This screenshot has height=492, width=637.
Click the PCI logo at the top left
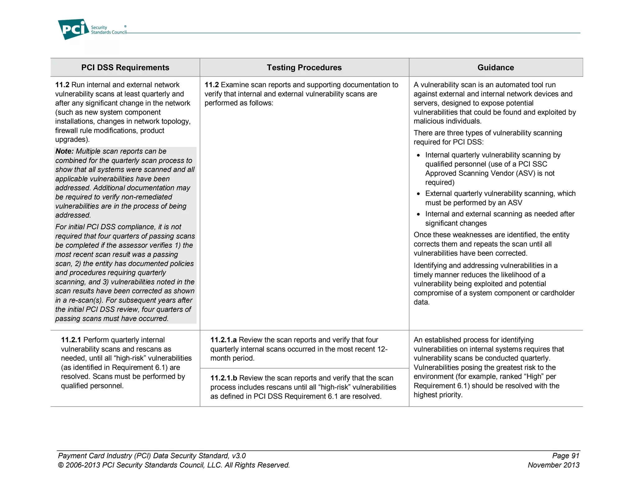[x=73, y=29]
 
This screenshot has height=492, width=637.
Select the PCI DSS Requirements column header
[x=125, y=67]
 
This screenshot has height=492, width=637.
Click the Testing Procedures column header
[x=304, y=67]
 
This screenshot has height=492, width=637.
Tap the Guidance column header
[x=495, y=67]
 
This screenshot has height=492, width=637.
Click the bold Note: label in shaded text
[x=64, y=151]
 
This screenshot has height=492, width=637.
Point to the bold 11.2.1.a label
[x=223, y=340]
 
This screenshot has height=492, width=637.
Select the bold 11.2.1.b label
[x=224, y=378]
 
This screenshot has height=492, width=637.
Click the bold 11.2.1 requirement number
[x=71, y=340]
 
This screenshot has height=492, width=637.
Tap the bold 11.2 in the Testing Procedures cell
[x=212, y=85]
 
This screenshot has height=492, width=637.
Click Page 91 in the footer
[x=565, y=456]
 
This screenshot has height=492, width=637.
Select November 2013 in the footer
[x=553, y=465]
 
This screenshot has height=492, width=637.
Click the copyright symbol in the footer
[x=61, y=466]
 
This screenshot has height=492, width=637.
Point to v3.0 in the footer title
[x=239, y=456]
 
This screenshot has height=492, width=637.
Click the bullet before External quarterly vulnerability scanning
[x=419, y=194]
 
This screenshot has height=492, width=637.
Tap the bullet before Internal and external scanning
[x=419, y=215]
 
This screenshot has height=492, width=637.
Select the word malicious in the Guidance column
[x=427, y=121]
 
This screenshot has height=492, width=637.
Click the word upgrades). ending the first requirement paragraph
[x=72, y=140]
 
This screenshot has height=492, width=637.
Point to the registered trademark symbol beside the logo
[x=125, y=26]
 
